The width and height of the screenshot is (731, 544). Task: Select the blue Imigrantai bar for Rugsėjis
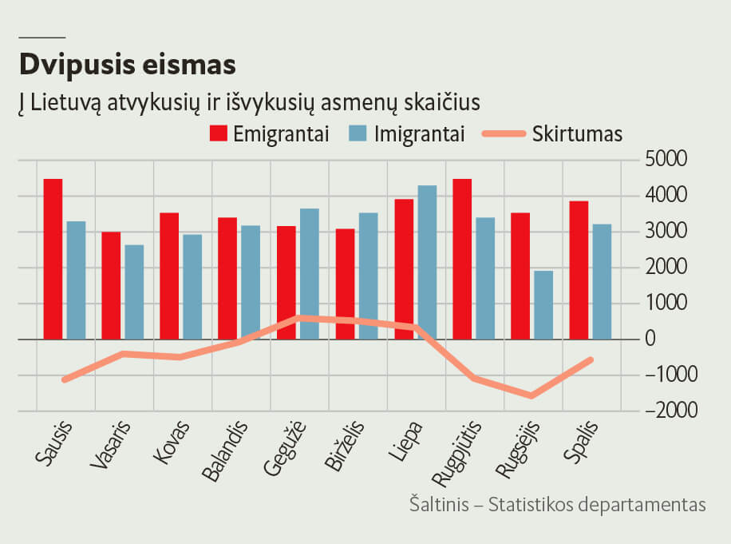(x=543, y=304)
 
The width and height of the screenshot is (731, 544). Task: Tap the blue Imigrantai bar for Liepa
(x=427, y=262)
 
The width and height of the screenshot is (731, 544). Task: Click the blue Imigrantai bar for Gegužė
(x=310, y=273)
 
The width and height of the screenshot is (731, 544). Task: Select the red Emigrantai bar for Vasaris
(x=111, y=285)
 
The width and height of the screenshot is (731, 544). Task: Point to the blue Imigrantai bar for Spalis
(x=602, y=281)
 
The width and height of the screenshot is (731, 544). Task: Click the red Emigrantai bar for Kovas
(x=169, y=276)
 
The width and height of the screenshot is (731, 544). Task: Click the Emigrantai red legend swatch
(x=219, y=133)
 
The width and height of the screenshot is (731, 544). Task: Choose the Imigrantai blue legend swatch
(x=358, y=133)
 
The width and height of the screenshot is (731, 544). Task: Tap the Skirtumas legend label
(x=577, y=133)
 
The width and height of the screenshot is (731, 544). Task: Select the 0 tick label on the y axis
(x=650, y=339)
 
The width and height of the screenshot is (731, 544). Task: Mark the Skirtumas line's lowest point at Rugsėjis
(x=531, y=395)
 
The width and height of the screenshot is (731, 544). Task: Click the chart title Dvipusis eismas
(x=127, y=62)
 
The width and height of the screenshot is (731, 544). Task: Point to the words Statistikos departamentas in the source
(x=597, y=505)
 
